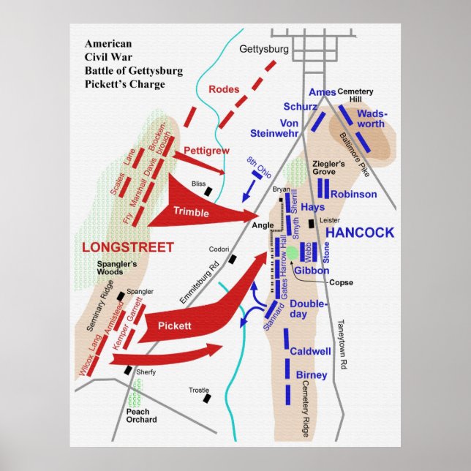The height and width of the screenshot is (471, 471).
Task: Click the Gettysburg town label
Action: [x=265, y=50]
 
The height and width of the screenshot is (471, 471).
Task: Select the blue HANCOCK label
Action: [x=359, y=233]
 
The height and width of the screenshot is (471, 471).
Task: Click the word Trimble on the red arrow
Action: [x=191, y=212]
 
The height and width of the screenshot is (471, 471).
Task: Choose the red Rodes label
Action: [x=224, y=89]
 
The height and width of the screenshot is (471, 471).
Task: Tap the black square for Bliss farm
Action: [x=208, y=192]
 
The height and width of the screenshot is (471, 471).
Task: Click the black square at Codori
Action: [x=233, y=259]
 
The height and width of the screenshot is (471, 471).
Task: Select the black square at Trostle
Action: [x=207, y=399]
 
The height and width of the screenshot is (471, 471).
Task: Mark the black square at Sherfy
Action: [x=128, y=370]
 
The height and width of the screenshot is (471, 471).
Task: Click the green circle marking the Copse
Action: [x=292, y=252]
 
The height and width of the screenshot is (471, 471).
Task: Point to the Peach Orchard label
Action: [x=140, y=415]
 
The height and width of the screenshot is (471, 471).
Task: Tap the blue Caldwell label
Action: [x=311, y=351]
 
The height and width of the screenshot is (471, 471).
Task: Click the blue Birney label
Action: [x=312, y=375]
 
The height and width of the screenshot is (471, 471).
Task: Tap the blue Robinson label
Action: [x=353, y=194]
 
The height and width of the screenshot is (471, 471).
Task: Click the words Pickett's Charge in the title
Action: [x=124, y=83]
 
